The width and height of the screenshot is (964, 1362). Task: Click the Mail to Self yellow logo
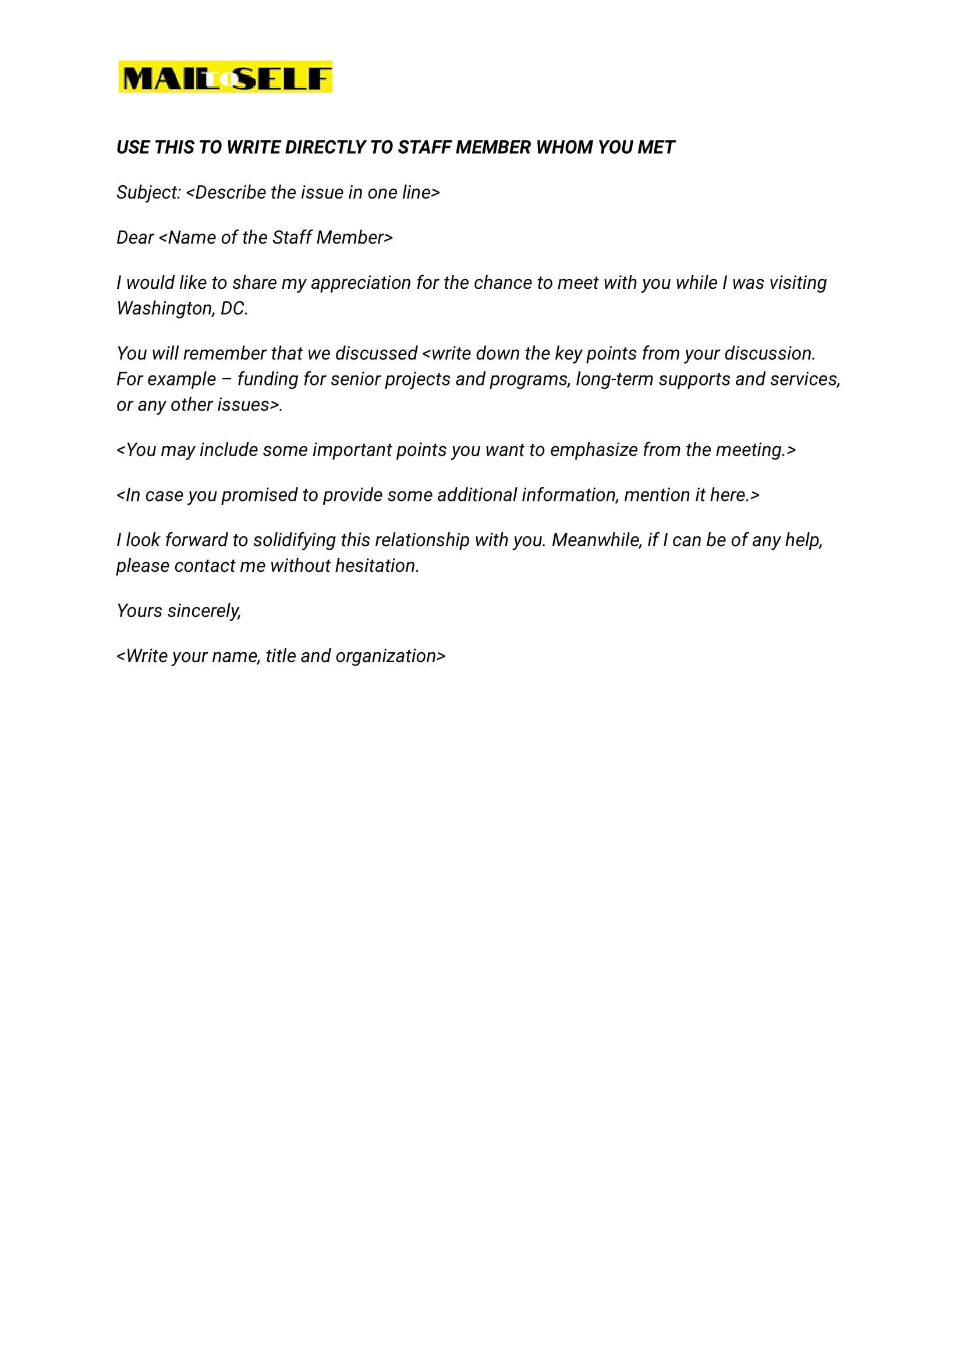click(225, 77)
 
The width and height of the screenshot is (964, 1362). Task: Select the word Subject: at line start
click(148, 192)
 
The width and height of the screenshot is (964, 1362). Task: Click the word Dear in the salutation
click(134, 238)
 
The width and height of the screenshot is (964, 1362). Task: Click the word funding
click(268, 379)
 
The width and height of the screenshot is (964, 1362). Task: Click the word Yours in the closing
click(139, 611)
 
